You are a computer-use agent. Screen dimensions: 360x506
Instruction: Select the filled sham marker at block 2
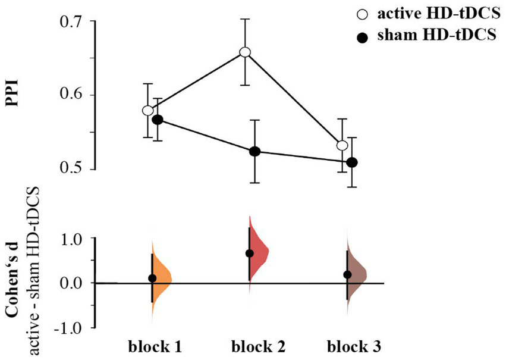[254, 152]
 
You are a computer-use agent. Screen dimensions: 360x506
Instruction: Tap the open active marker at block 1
[148, 111]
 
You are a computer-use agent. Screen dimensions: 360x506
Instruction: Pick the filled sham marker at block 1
[158, 120]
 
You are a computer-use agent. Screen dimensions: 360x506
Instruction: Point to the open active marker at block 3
[342, 145]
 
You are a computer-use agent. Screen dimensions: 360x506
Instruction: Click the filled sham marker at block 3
[351, 162]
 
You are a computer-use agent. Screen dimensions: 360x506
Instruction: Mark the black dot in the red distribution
[250, 253]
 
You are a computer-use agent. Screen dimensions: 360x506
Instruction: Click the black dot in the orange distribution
[152, 278]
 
